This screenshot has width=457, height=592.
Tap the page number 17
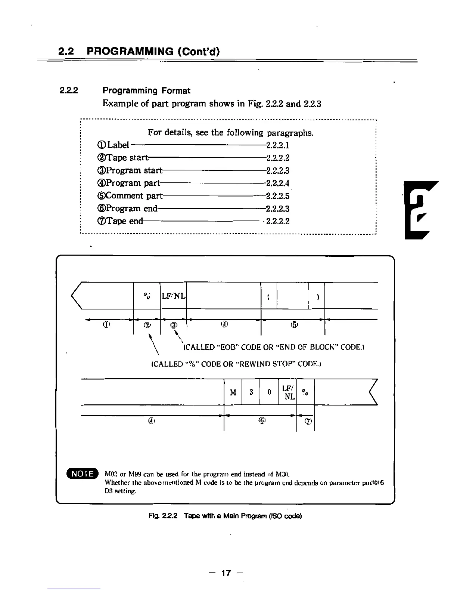click(x=226, y=573)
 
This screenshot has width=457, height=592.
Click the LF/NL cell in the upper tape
click(x=173, y=296)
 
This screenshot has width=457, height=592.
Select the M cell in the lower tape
click(x=233, y=392)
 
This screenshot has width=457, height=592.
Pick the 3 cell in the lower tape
click(x=251, y=392)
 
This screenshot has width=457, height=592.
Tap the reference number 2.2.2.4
click(x=277, y=183)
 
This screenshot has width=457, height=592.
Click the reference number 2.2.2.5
click(x=277, y=196)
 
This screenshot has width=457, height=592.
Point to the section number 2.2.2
click(x=69, y=90)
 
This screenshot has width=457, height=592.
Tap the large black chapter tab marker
click(x=421, y=209)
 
